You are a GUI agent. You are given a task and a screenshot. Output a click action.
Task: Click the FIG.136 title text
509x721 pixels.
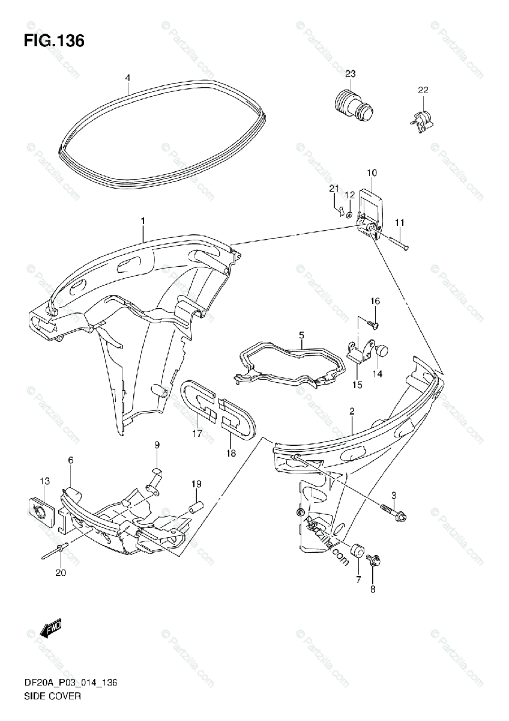(53, 41)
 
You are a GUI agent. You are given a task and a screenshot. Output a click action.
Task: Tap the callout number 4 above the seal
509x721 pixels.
(127, 78)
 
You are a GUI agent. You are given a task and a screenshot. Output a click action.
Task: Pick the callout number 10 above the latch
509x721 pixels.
(372, 173)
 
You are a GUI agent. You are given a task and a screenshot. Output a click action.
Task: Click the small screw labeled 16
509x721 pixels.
(372, 325)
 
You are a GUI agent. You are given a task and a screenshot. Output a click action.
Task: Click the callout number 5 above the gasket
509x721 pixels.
(301, 335)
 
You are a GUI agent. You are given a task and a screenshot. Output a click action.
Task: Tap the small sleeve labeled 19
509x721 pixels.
(194, 506)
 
